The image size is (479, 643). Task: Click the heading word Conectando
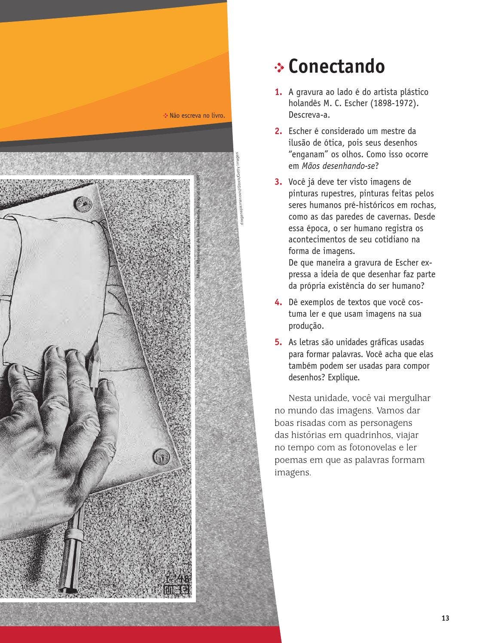coord(336,66)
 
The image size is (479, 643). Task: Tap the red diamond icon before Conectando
coord(280,67)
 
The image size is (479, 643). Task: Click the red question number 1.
coord(278,92)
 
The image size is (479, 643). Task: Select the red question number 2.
coord(278,131)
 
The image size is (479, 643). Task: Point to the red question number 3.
coord(278,182)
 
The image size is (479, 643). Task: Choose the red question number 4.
coord(278,302)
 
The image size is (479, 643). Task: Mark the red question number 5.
coord(278,343)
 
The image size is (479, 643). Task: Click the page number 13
coord(445,618)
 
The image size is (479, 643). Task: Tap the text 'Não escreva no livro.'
coord(194,116)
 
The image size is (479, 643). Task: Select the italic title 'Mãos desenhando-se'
coord(338,166)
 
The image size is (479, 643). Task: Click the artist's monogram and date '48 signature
coord(177,584)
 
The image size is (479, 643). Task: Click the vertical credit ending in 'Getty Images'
coord(237,189)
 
